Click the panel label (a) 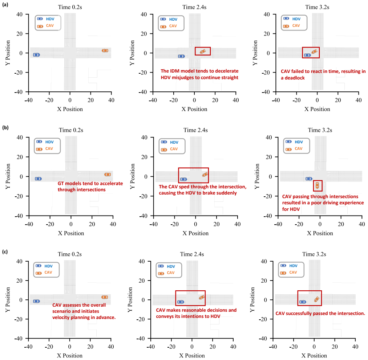[x=5, y=4]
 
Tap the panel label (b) [x=5, y=127]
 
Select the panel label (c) [x=5, y=251]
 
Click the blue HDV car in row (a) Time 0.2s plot [x=36, y=55]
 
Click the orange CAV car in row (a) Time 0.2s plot [x=105, y=51]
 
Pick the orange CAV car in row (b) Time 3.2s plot [x=317, y=185]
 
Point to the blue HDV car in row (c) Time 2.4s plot [x=181, y=302]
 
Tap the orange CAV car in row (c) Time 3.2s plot [x=317, y=299]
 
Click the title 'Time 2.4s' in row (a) [x=194, y=7]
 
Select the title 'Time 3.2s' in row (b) [x=320, y=130]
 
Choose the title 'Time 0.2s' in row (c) [x=70, y=254]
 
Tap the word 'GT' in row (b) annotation [x=61, y=183]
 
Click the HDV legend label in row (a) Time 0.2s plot [x=50, y=19]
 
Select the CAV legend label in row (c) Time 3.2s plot [x=293, y=272]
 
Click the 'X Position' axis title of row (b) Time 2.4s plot [x=195, y=233]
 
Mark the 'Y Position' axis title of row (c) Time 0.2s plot [x=8, y=300]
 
